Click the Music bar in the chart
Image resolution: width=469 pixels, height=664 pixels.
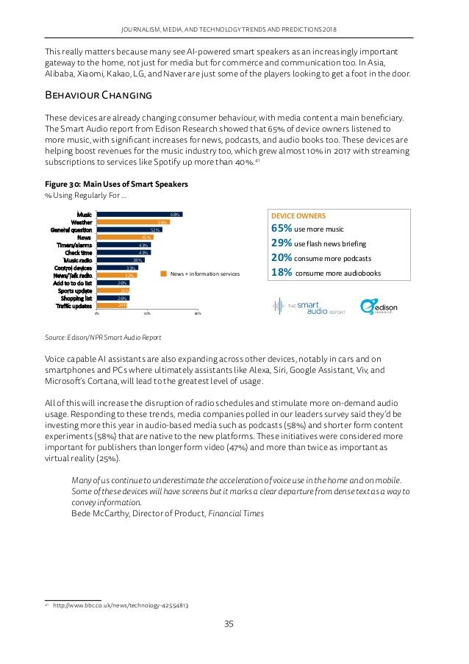(140, 215)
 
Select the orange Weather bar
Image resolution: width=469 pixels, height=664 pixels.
(134, 222)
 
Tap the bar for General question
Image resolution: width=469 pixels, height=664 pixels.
(129, 230)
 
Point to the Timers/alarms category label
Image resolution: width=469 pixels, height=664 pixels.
(74, 245)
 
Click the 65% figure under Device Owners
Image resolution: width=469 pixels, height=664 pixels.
(283, 228)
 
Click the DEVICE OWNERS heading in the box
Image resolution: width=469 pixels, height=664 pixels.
(298, 215)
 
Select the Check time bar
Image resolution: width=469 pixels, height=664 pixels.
(123, 252)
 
